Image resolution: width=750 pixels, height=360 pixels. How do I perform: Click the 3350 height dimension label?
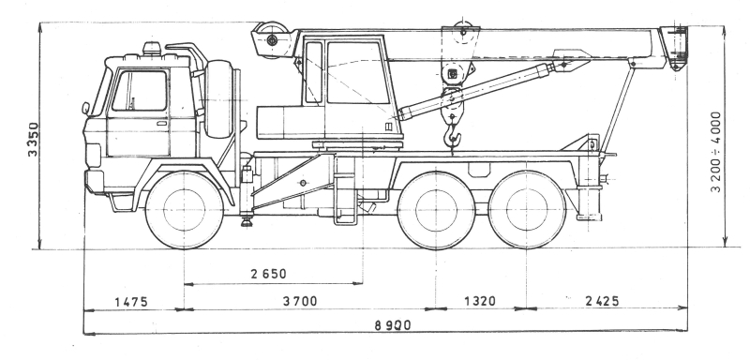click(33, 139)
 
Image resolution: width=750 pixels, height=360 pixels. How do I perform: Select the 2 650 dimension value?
click(268, 274)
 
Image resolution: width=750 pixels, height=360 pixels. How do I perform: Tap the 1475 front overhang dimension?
click(131, 302)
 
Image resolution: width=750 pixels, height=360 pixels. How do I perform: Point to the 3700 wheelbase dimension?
click(300, 301)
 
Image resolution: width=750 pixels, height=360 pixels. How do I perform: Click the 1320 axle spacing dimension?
click(480, 301)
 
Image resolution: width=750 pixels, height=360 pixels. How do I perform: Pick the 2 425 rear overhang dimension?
click(602, 301)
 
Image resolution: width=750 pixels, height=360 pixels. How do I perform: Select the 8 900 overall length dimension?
click(393, 325)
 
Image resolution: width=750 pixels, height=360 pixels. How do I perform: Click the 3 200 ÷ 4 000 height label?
click(716, 152)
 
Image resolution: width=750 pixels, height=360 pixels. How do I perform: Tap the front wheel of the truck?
click(184, 209)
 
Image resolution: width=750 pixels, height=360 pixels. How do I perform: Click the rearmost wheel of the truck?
click(527, 209)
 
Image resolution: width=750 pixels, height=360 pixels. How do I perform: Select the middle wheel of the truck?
click(436, 210)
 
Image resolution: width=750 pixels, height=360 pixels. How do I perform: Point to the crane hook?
click(453, 136)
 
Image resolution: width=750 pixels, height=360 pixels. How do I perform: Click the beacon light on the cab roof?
click(152, 49)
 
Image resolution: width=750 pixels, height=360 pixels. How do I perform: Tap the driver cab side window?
click(139, 91)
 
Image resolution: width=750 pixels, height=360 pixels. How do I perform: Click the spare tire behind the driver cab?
click(218, 99)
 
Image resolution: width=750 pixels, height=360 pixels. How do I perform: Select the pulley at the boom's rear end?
click(272, 39)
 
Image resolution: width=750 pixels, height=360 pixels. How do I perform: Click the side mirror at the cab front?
click(85, 109)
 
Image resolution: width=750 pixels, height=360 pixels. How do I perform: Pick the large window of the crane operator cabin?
click(357, 73)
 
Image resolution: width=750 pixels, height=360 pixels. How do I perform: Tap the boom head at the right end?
click(673, 47)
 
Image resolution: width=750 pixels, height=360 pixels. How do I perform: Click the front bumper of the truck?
click(95, 181)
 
